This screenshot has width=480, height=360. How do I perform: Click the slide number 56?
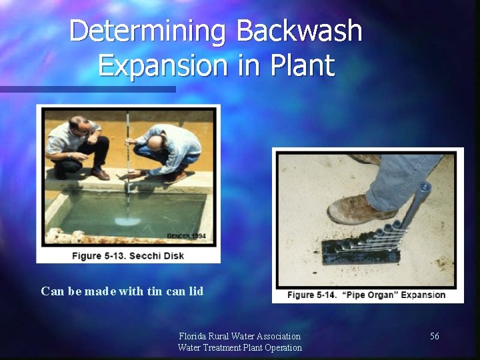tap(435, 337)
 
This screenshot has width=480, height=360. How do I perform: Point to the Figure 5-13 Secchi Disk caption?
tap(128, 255)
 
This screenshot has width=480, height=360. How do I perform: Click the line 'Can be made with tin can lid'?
tap(122, 291)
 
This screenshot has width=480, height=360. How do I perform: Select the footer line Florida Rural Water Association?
tap(239, 336)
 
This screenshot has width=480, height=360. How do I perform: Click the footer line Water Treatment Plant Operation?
tap(239, 347)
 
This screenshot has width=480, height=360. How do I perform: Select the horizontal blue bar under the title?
tap(87, 89)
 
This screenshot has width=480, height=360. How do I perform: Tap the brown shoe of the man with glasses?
tap(100, 174)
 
